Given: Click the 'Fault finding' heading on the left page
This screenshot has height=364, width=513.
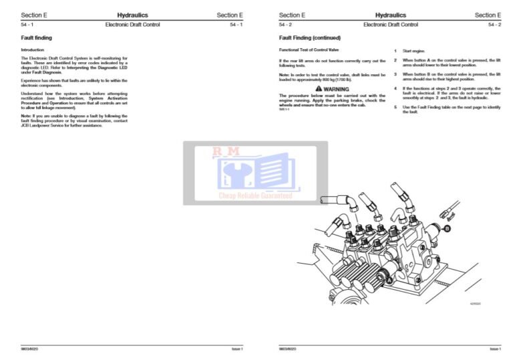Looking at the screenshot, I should coord(36,38).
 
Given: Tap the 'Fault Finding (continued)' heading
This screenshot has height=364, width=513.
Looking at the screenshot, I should coord(309,38).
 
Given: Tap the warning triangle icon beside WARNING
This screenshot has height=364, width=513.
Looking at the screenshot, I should coord(319,88).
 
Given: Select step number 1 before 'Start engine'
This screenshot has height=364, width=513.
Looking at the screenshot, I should coord(395,51).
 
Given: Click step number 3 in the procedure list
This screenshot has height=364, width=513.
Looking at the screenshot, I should coord(395,74).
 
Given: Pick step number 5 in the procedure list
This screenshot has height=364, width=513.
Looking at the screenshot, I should coord(395,107).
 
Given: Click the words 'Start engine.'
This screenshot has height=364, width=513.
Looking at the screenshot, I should coord(414,51).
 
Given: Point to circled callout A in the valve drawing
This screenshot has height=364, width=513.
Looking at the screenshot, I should coord(387,281).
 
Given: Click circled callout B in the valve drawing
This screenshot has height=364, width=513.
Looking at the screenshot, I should coord(447,228).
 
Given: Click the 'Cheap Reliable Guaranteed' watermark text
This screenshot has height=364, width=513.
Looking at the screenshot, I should coord(256,196).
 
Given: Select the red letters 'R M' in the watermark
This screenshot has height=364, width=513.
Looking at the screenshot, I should coord(226,152).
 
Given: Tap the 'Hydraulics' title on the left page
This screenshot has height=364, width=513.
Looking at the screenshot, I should coord(132,15).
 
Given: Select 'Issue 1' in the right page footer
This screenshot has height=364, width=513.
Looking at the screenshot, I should coord(494,349).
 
